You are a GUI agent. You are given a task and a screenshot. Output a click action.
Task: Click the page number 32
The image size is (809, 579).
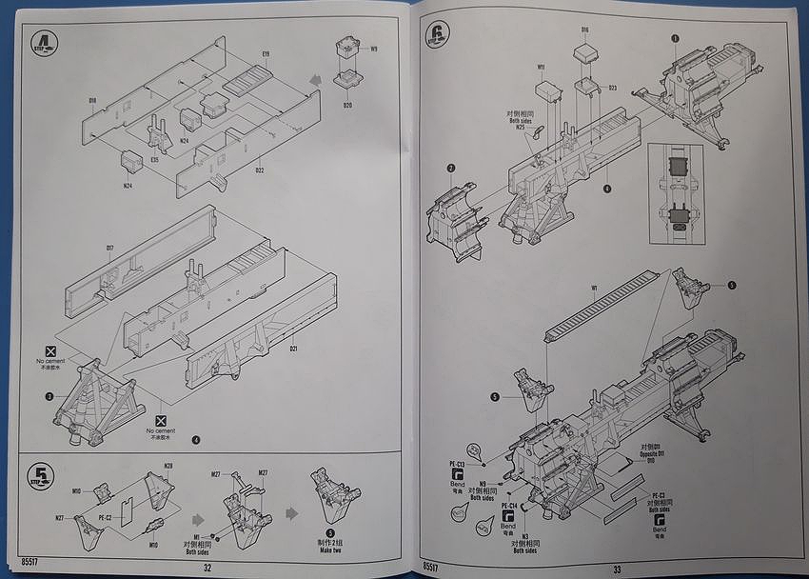(207, 567)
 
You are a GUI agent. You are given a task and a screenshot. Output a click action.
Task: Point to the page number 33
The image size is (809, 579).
(616, 569)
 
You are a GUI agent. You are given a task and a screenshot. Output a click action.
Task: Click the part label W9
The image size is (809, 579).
(374, 50)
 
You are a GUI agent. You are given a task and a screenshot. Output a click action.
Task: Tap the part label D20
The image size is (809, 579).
(347, 104)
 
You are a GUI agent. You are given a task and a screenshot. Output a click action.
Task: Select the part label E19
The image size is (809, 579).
(266, 54)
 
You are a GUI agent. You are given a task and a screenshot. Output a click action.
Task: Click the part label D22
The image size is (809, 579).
(259, 170)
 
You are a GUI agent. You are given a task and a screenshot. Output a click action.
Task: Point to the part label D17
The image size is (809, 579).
(109, 250)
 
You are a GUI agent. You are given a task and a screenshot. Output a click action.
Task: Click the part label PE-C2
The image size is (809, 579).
(107, 517)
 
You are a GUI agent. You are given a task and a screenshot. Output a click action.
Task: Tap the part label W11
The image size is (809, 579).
(540, 68)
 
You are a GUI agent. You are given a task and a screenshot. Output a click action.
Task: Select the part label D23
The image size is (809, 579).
(612, 89)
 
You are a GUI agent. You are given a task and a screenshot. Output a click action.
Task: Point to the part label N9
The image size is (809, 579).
(483, 484)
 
